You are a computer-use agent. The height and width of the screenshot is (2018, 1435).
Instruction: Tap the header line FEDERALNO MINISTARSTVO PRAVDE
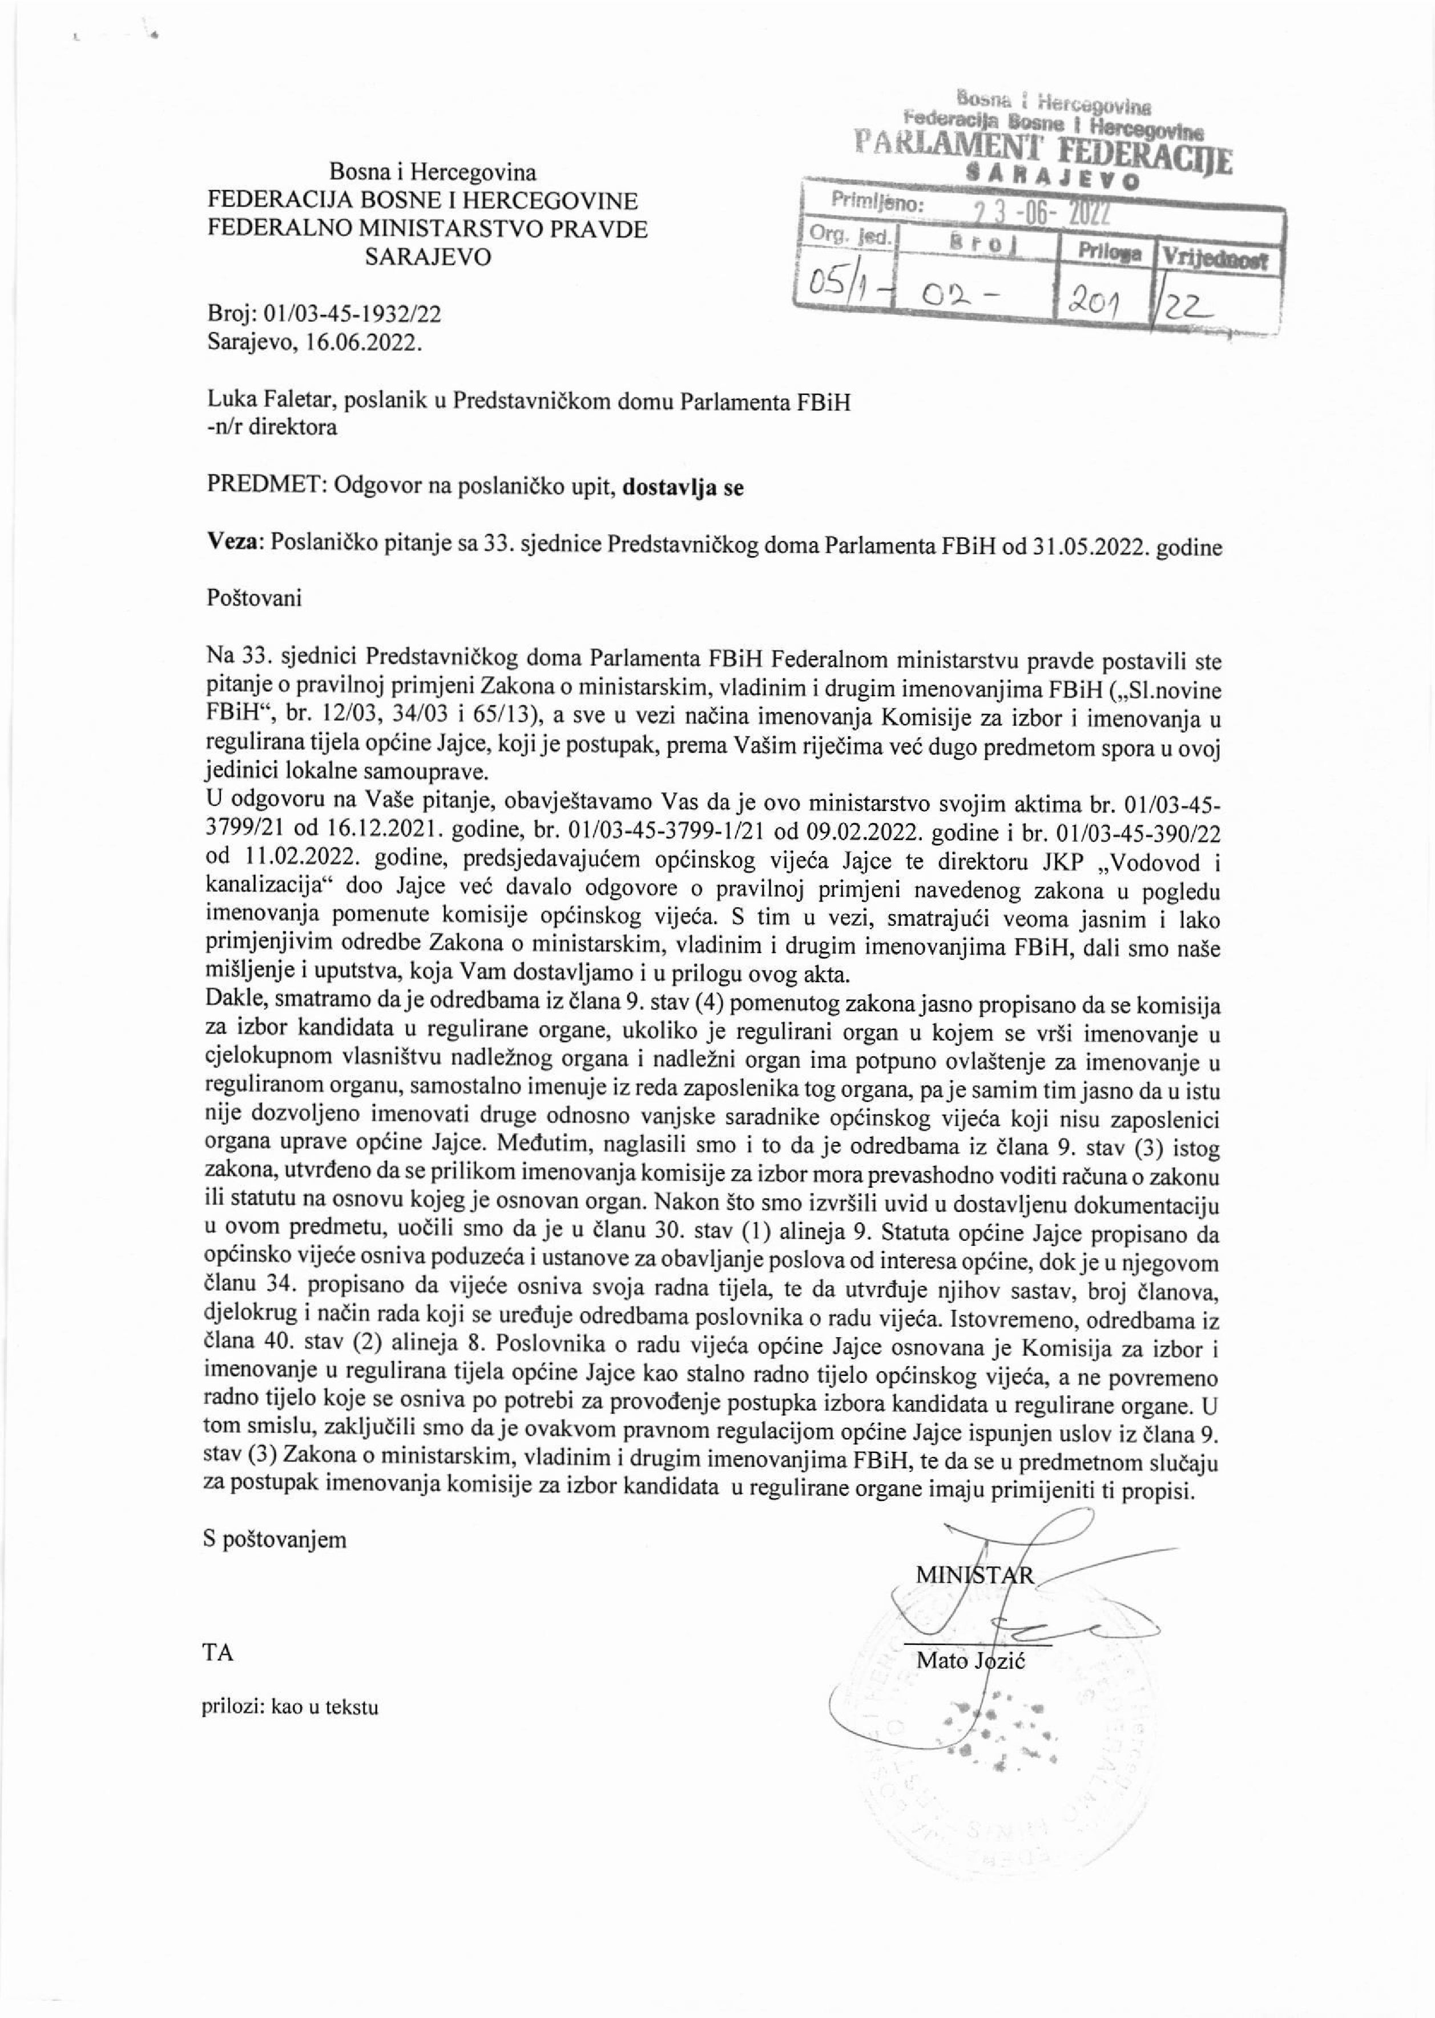click(x=427, y=229)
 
